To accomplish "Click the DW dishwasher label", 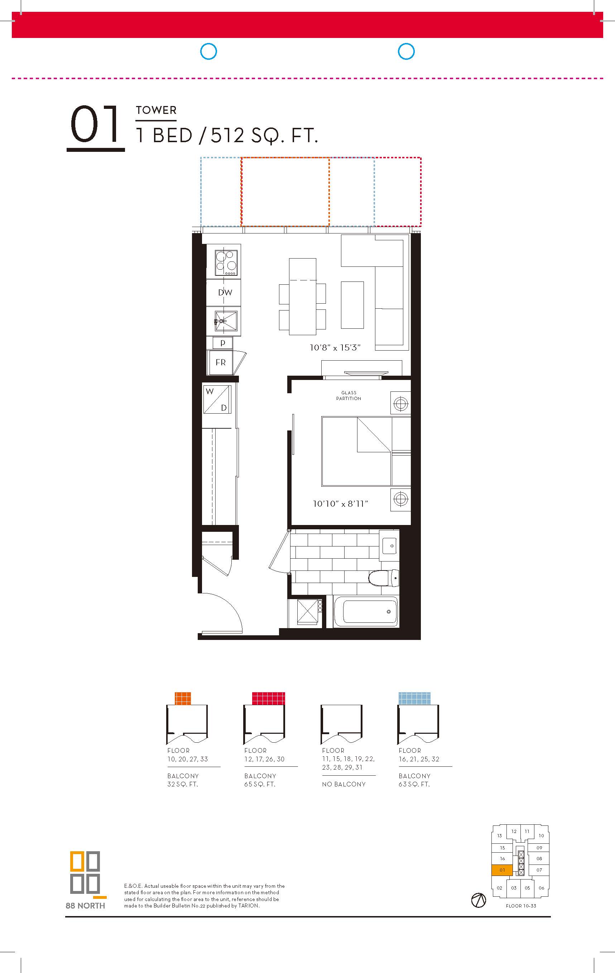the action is pos(225,293).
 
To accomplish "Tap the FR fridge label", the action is pos(221,362).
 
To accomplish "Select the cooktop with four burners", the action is pos(226,262).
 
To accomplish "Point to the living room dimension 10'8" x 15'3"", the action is pos(335,347).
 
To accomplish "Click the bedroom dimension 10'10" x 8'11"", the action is pos(341,504).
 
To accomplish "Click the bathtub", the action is pos(366,611).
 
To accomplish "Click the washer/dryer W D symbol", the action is pos(217,399).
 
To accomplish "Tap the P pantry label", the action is pos(223,343).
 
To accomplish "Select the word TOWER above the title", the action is pos(156,110).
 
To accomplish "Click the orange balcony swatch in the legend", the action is pos(183,698).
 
